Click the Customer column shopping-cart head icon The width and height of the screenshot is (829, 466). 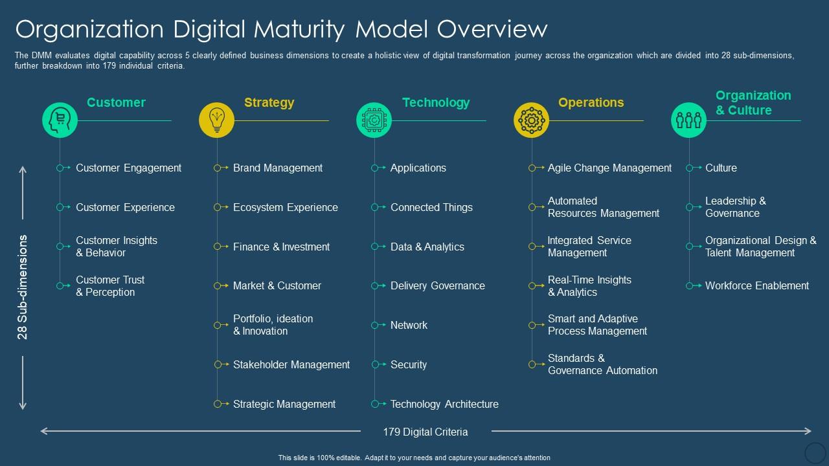(x=60, y=120)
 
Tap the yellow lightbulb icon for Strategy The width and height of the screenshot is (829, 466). (x=217, y=120)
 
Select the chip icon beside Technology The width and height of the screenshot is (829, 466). (x=374, y=120)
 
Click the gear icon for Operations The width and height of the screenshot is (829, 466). (x=532, y=120)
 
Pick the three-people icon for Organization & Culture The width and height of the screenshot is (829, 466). (x=688, y=120)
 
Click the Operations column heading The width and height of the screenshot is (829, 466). (x=591, y=102)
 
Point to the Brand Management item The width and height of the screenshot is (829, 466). (x=277, y=168)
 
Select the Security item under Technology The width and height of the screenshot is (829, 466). (x=408, y=364)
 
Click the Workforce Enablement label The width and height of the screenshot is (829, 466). (x=756, y=285)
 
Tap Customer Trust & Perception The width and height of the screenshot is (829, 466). (x=110, y=285)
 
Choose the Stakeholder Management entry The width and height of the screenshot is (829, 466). (x=291, y=364)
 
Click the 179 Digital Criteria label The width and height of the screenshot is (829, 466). (x=425, y=432)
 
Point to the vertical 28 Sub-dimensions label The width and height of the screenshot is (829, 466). (x=23, y=287)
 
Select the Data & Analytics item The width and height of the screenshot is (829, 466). (x=427, y=247)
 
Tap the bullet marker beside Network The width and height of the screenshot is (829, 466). (x=376, y=325)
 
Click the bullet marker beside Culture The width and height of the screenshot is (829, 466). (x=691, y=168)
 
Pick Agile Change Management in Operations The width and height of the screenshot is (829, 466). (x=609, y=168)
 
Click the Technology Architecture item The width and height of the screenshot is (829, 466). (x=444, y=404)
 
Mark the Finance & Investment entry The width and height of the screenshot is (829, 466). (x=281, y=247)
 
